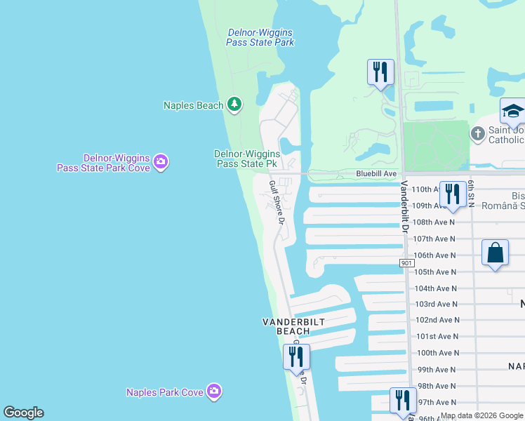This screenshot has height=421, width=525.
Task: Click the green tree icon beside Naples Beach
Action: (x=234, y=105)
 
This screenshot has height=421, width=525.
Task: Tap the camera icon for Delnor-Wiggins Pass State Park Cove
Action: (x=161, y=163)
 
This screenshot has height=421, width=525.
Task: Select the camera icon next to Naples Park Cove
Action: (x=214, y=392)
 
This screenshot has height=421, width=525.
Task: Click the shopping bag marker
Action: (x=495, y=253)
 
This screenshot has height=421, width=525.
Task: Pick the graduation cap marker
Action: (x=512, y=112)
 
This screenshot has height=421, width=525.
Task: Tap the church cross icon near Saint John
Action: (x=477, y=133)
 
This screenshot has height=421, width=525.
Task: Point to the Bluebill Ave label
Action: (x=376, y=173)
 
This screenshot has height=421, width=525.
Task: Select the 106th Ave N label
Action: (x=435, y=255)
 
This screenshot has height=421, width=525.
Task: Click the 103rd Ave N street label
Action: (x=435, y=304)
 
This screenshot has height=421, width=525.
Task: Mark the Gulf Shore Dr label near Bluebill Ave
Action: (x=275, y=202)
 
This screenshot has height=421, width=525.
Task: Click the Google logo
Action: (x=23, y=413)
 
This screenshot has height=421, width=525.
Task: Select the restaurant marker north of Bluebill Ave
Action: (x=380, y=72)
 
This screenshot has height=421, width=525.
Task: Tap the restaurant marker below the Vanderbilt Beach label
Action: (x=296, y=356)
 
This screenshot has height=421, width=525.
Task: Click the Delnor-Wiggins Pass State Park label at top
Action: (x=260, y=38)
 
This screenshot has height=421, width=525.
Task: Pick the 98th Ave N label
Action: (x=437, y=386)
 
